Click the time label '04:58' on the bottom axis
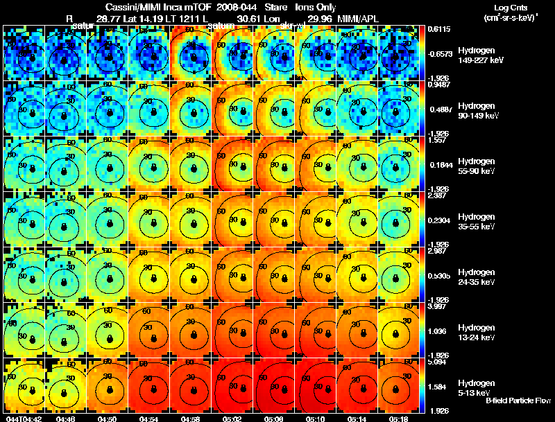tap(191, 419)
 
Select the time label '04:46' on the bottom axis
tap(66, 419)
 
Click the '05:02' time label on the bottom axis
tap(233, 419)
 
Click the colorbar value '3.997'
tap(436, 306)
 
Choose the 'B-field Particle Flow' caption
tap(518, 401)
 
